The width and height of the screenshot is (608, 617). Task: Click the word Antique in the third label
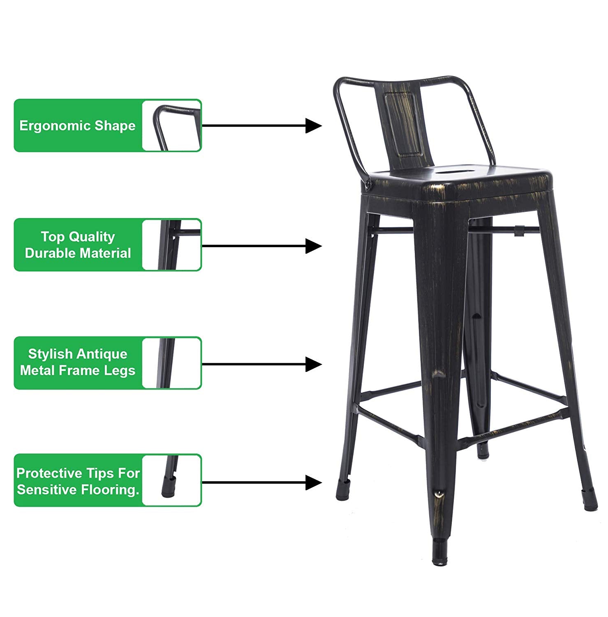(102, 354)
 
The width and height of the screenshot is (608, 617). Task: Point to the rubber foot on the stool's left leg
(343, 490)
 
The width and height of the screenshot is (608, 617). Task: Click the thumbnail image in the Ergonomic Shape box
(172, 125)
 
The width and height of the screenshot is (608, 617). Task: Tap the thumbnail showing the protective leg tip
(172, 480)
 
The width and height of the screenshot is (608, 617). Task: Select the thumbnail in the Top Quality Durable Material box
(172, 245)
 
